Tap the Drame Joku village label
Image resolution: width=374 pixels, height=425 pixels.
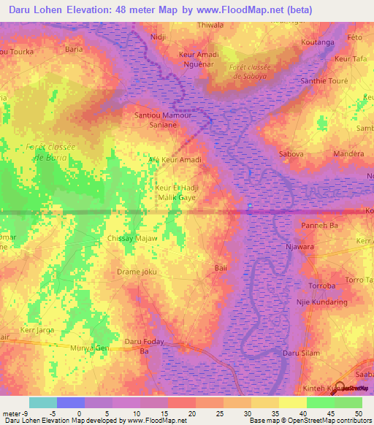pyautogui.click(x=137, y=272)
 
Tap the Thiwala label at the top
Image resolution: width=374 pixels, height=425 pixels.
pyautogui.click(x=210, y=25)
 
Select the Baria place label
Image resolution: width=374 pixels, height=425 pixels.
pyautogui.click(x=73, y=50)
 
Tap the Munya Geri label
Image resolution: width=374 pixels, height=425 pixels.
pyautogui.click(x=89, y=348)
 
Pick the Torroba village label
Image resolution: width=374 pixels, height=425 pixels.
pyautogui.click(x=321, y=286)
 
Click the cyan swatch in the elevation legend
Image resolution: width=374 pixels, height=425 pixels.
pyautogui.click(x=42, y=402)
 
